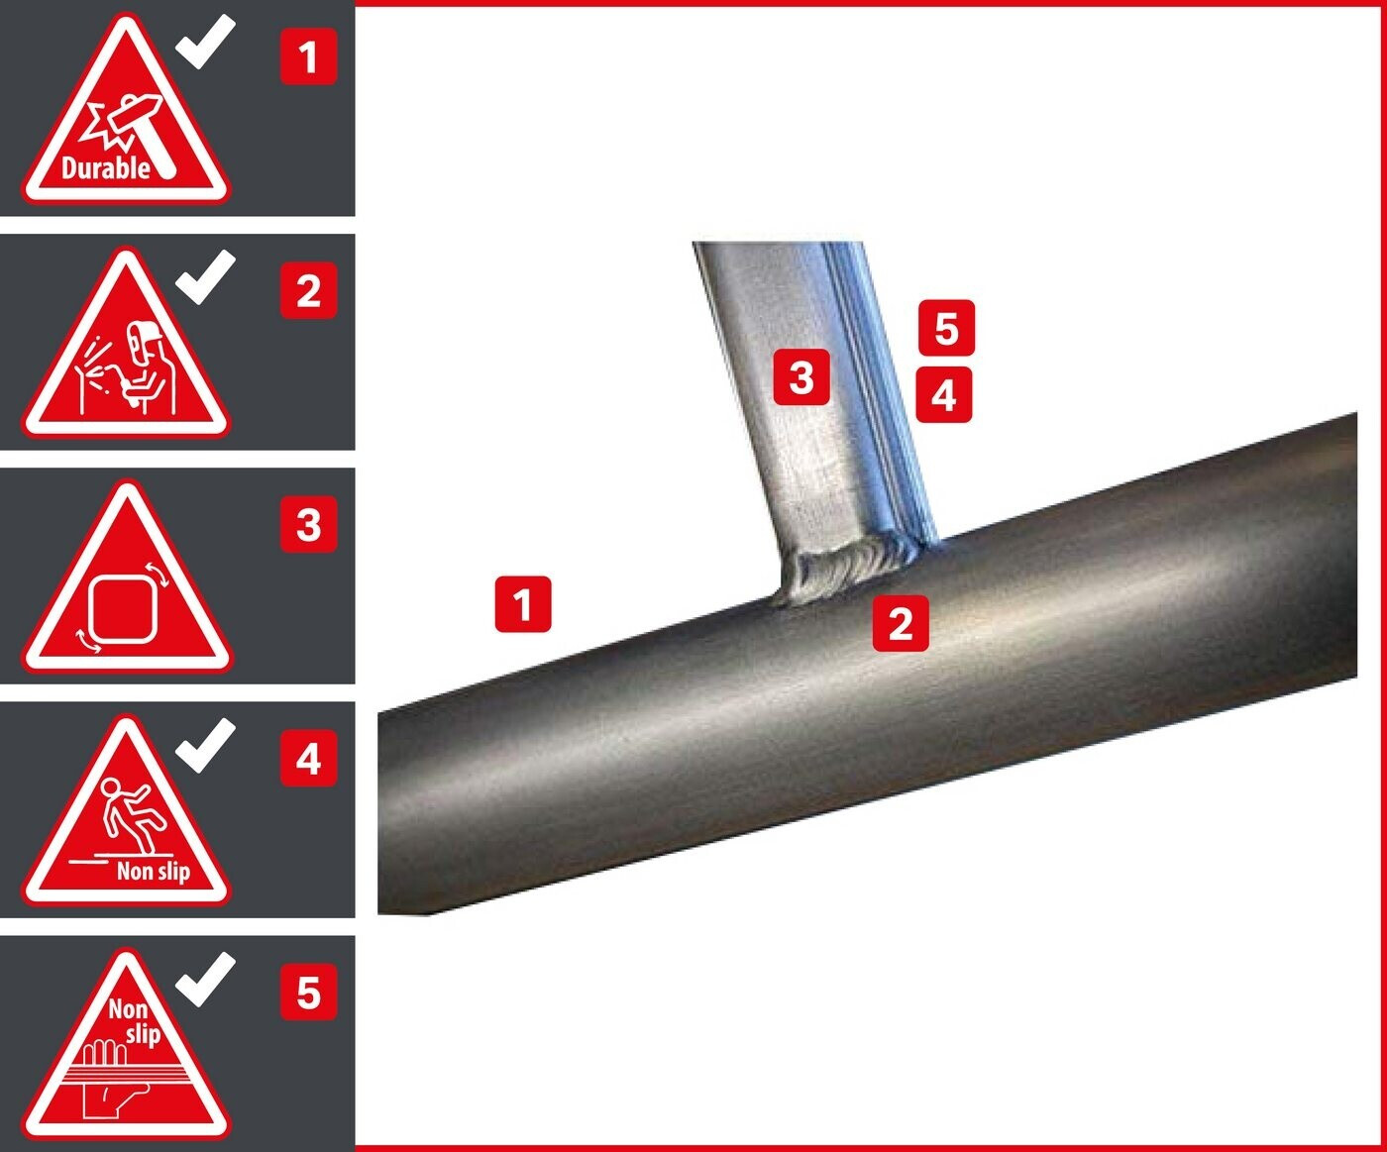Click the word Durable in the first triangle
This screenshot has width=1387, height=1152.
[106, 168]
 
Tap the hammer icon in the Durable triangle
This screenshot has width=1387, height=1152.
[136, 131]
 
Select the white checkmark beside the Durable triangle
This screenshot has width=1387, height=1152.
[205, 42]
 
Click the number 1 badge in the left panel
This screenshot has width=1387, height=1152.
[308, 56]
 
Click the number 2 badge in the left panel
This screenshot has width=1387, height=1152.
[308, 290]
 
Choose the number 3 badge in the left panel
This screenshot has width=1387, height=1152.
[308, 524]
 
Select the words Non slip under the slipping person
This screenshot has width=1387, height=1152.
[154, 871]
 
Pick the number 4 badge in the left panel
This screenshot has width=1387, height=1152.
[308, 758]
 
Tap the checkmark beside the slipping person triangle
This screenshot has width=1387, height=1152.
[205, 745]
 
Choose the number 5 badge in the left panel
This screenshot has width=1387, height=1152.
[308, 993]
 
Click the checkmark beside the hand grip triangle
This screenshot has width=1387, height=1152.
[205, 979]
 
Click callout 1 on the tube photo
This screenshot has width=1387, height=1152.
[523, 604]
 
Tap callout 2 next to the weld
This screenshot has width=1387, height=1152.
[901, 623]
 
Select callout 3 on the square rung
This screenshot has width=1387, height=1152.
[801, 376]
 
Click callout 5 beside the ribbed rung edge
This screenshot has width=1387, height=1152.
[946, 328]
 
